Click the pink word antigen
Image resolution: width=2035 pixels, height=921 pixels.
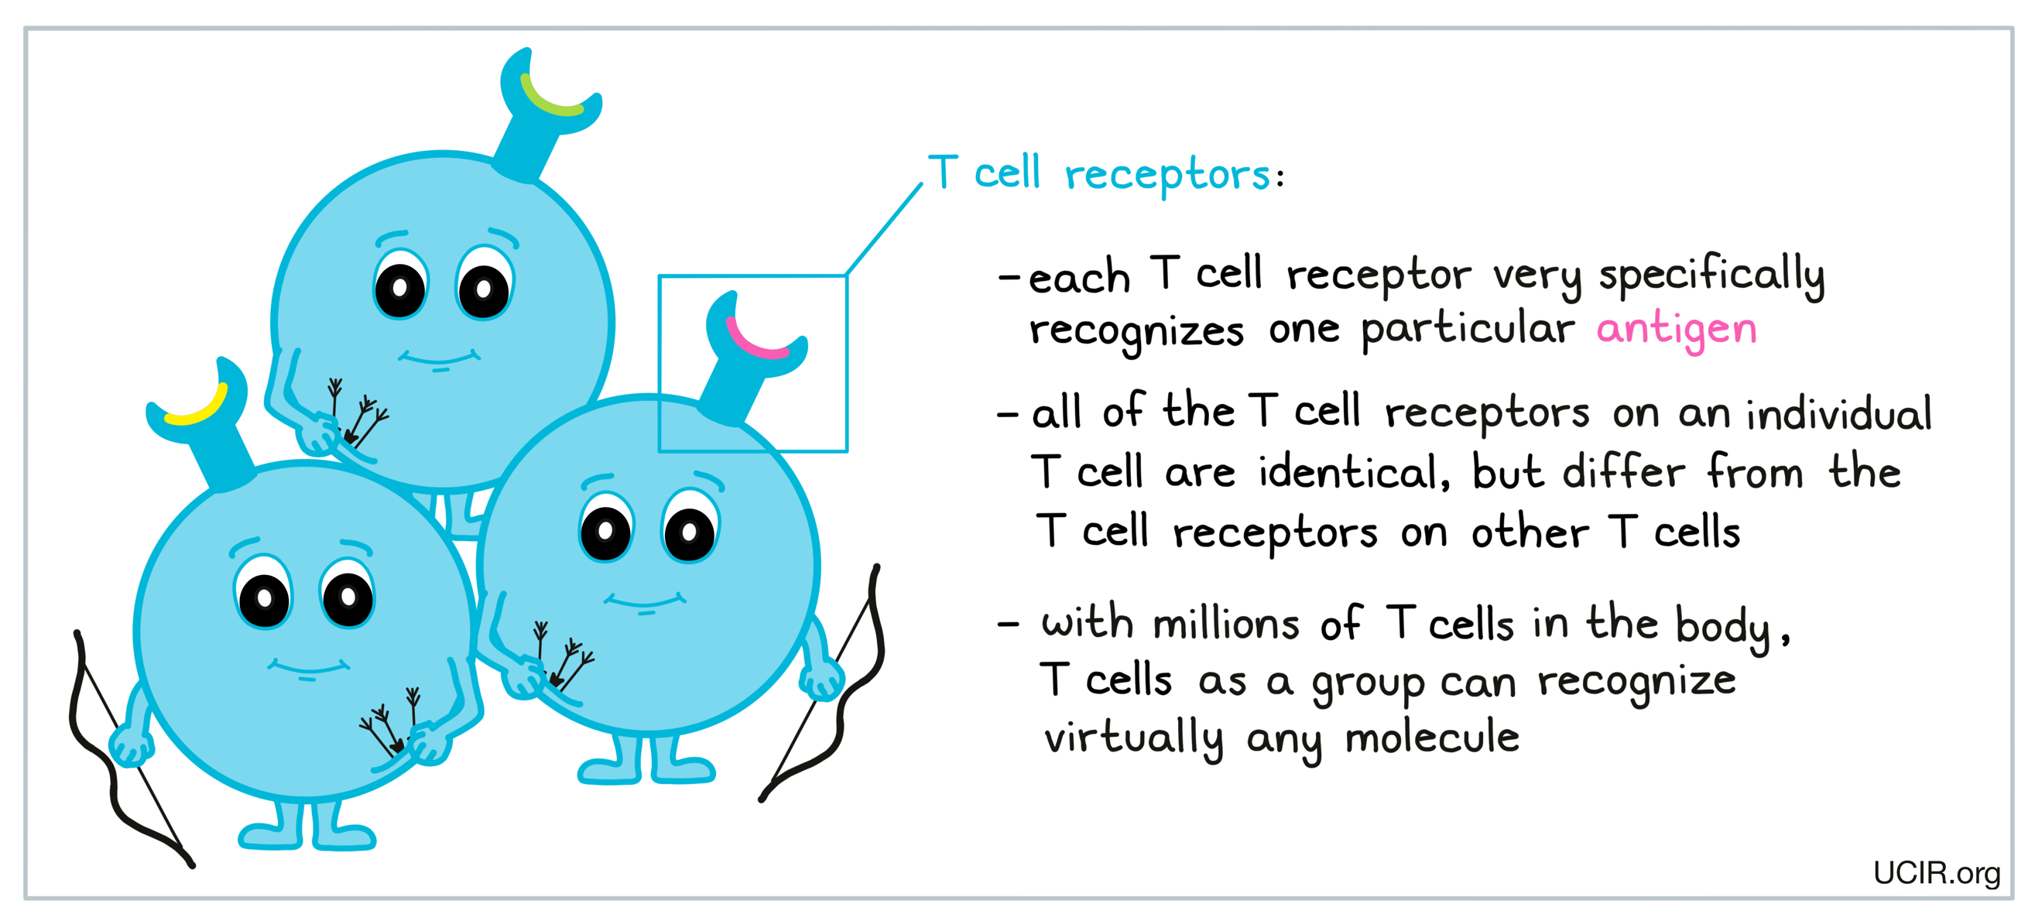(x=1677, y=331)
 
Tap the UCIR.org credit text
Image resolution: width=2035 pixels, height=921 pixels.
(x=1936, y=873)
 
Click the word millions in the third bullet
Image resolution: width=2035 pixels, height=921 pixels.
(x=1226, y=623)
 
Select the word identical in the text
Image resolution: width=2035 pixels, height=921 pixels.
(x=1354, y=471)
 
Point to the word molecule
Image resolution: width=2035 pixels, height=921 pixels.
(x=1432, y=736)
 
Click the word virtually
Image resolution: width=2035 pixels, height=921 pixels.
(x=1134, y=739)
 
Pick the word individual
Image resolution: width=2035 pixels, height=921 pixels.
(x=1838, y=413)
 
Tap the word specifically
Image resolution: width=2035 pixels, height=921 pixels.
(x=1712, y=276)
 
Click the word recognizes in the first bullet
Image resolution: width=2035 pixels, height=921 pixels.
(x=1137, y=333)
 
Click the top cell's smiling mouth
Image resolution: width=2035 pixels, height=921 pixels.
(x=439, y=360)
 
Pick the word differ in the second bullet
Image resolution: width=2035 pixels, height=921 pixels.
(x=1623, y=471)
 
